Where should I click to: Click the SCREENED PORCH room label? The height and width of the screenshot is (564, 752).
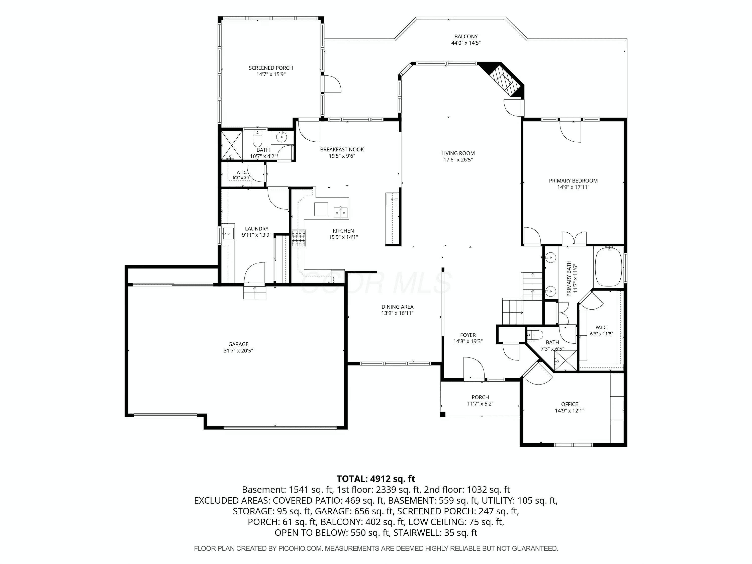271,68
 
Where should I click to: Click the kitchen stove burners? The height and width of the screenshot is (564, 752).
299,238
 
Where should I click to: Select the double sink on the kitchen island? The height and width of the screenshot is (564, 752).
341,213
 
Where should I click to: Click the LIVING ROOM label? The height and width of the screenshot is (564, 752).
458,153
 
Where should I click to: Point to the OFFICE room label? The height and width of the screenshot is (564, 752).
570,404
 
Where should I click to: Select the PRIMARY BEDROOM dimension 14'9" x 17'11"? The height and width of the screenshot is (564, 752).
573,187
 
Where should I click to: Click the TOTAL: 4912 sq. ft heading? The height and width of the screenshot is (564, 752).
376,479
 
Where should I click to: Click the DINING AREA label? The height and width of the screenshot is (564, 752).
397,307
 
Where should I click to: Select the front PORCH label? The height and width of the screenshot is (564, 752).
480,397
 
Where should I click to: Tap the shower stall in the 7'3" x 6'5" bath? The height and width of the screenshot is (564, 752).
566,360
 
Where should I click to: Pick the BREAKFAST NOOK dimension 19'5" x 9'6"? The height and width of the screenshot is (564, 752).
342,156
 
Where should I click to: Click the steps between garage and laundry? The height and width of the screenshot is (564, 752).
255,292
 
